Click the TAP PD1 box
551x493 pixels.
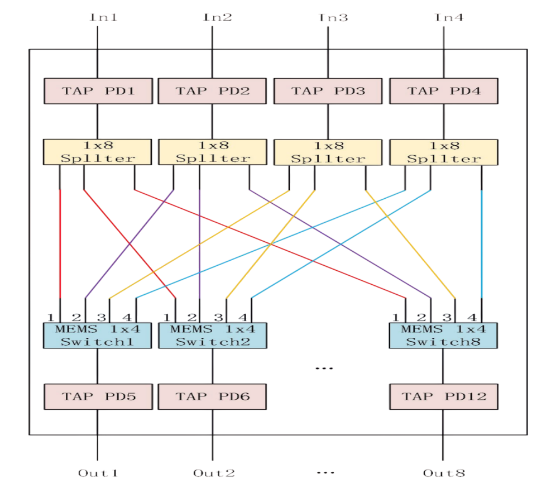[x=98, y=90]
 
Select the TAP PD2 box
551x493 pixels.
[x=212, y=90]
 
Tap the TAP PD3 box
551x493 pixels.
[x=328, y=90]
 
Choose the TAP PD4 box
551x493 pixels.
[x=443, y=90]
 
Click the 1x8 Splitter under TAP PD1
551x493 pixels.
[x=98, y=151]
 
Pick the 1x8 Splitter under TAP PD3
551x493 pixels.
[x=328, y=151]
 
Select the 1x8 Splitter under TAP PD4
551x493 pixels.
[x=443, y=151]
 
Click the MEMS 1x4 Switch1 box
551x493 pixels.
[x=98, y=335]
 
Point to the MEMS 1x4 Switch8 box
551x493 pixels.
[x=443, y=335]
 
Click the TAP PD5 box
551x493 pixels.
[x=98, y=396]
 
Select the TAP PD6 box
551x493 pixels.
[x=212, y=396]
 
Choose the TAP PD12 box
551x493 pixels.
[x=443, y=396]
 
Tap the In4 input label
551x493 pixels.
[x=449, y=17]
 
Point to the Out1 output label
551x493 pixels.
[x=98, y=473]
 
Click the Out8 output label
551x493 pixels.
[x=444, y=473]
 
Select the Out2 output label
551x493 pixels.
[x=214, y=473]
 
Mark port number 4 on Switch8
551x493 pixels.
[x=472, y=317]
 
